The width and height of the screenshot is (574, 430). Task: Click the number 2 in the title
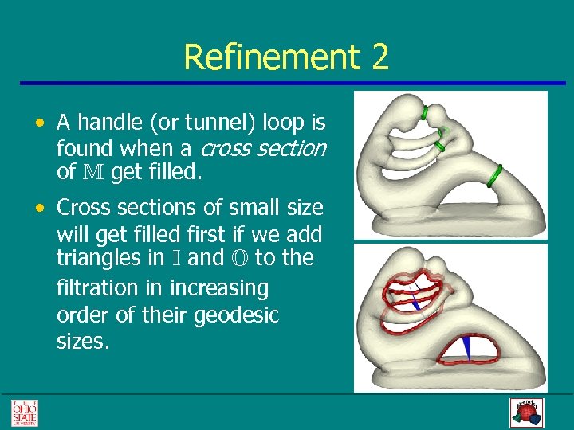378,58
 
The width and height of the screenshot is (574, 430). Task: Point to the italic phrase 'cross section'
263,148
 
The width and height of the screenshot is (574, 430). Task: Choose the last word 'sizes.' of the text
83,342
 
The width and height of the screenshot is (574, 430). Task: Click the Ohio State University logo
24,412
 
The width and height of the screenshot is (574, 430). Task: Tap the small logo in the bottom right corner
526,412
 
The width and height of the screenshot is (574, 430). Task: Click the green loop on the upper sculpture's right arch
494,174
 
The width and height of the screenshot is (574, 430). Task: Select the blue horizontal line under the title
287,83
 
